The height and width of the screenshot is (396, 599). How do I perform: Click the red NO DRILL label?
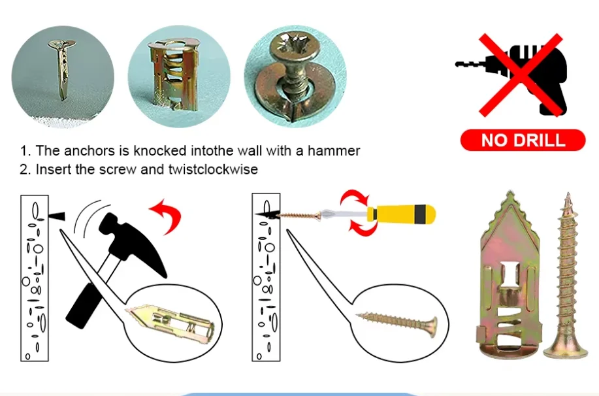tap(523, 140)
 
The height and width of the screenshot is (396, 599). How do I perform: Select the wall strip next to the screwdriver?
tap(266, 277)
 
